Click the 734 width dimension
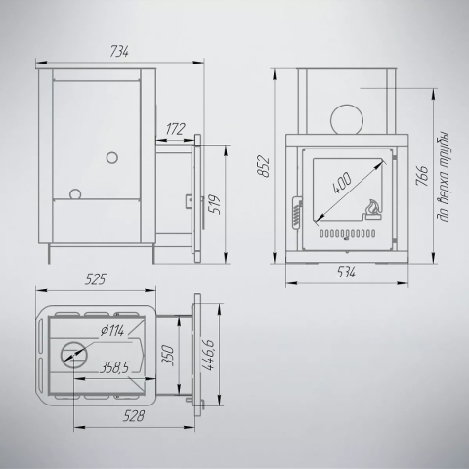pyautogui.click(x=119, y=52)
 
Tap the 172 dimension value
pyautogui.click(x=175, y=129)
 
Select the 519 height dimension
pyautogui.click(x=215, y=204)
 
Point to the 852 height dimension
pyautogui.click(x=264, y=167)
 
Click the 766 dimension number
pyautogui.click(x=422, y=176)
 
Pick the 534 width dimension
pyautogui.click(x=346, y=272)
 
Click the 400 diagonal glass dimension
pyautogui.click(x=342, y=182)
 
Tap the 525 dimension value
pyautogui.click(x=96, y=279)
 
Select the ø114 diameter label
pyautogui.click(x=112, y=331)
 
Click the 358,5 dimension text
pyautogui.click(x=114, y=367)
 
